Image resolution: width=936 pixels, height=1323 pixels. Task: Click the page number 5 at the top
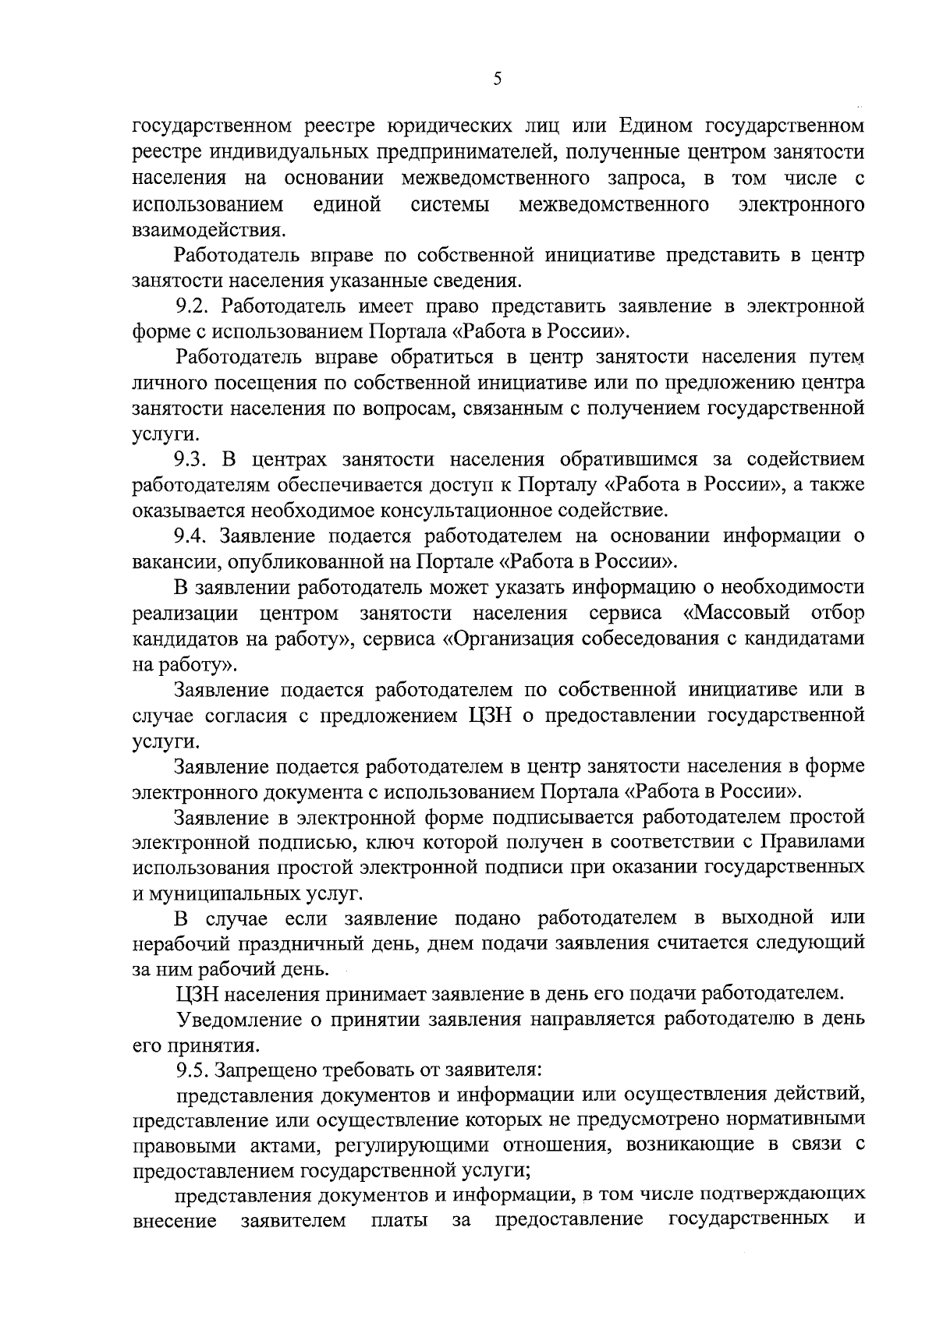[498, 79]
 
